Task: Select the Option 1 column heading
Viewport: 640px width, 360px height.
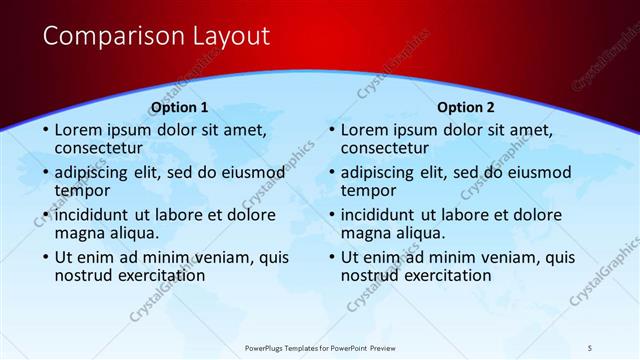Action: pyautogui.click(x=179, y=107)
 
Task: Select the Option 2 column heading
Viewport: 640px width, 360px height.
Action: pyautogui.click(x=465, y=107)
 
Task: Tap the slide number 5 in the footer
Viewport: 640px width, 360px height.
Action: pyautogui.click(x=589, y=347)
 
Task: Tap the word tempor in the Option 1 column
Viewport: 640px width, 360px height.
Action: pyautogui.click(x=83, y=190)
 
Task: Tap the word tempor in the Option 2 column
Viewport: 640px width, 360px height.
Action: pyautogui.click(x=369, y=190)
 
